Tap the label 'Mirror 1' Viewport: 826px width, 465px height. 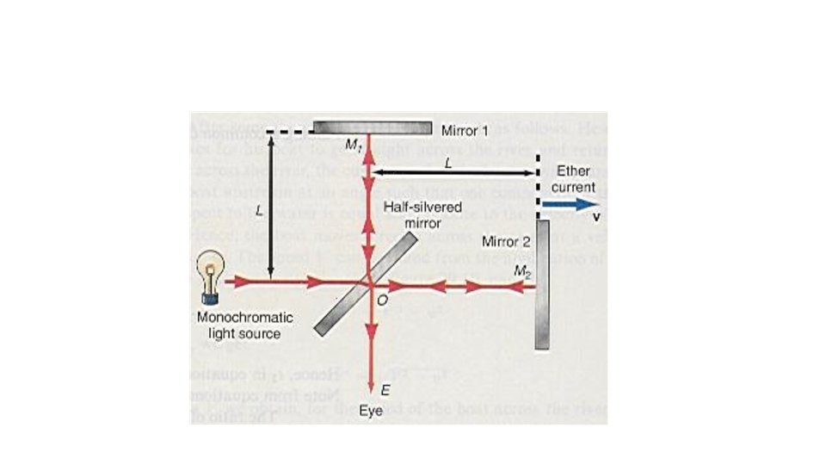pyautogui.click(x=464, y=131)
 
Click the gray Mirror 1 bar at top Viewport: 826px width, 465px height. pyautogui.click(x=372, y=127)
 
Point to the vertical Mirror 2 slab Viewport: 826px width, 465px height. pyautogui.click(x=542, y=284)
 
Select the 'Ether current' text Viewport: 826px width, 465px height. pyautogui.click(x=573, y=179)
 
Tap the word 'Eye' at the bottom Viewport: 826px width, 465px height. pyautogui.click(x=370, y=411)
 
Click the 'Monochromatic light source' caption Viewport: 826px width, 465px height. pyautogui.click(x=239, y=325)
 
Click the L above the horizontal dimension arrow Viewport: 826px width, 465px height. pyautogui.click(x=447, y=162)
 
